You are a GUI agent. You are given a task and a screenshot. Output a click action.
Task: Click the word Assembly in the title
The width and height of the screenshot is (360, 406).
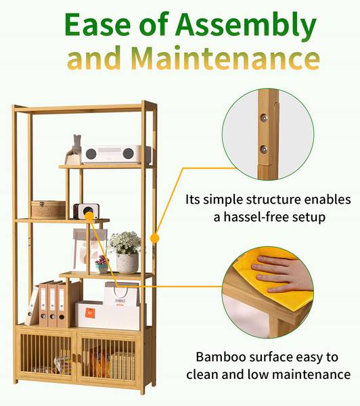246,25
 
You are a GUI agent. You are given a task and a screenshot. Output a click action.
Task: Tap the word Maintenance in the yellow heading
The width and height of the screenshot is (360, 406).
225,58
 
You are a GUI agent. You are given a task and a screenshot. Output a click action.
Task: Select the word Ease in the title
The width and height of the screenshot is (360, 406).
97,24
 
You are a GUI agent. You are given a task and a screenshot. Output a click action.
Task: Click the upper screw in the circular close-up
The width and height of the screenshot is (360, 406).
264,118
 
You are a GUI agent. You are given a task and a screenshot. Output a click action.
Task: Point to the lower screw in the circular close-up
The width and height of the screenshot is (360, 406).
264,149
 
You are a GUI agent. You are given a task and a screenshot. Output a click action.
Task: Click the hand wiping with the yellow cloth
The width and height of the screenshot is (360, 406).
282,274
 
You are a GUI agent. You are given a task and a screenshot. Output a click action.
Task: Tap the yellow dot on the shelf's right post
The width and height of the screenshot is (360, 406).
154,238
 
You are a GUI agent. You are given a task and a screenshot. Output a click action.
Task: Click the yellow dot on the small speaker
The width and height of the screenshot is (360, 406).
89,215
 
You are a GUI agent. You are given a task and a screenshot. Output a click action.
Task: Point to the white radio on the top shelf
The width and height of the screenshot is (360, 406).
116,154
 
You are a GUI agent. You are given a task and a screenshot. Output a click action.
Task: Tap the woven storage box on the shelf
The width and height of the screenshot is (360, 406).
49,209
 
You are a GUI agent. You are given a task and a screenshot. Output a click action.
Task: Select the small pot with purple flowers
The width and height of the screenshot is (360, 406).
102,264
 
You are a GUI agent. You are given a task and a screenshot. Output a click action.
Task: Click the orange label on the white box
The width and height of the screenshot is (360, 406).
90,313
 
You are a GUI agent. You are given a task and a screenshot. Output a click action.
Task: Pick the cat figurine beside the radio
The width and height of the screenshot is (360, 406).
74,150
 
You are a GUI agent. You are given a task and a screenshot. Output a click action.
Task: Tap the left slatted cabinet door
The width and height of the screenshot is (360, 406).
46,355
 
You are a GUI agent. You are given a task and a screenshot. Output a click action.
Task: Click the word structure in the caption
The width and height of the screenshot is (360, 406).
273,200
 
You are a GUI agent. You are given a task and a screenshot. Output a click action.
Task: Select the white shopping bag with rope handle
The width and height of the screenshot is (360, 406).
122,294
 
